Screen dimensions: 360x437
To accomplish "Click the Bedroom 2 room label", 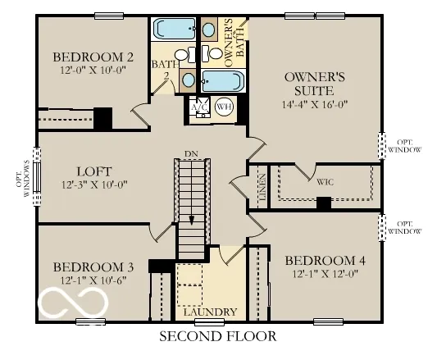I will pos(93,57).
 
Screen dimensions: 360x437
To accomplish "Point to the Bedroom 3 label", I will pos(93,267).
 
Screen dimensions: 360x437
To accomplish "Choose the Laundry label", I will pos(211,312).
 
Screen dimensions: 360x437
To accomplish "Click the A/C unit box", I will pos(199,107).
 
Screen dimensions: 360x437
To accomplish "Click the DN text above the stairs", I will pos(191,153).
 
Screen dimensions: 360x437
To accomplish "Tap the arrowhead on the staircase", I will pos(192,219).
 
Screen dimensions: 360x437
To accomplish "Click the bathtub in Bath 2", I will pos(173,30).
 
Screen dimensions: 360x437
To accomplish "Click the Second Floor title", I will pos(217,335).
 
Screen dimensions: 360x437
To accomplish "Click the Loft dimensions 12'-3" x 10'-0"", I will pos(92,187).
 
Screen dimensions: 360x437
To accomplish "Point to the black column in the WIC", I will pos(323,203).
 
